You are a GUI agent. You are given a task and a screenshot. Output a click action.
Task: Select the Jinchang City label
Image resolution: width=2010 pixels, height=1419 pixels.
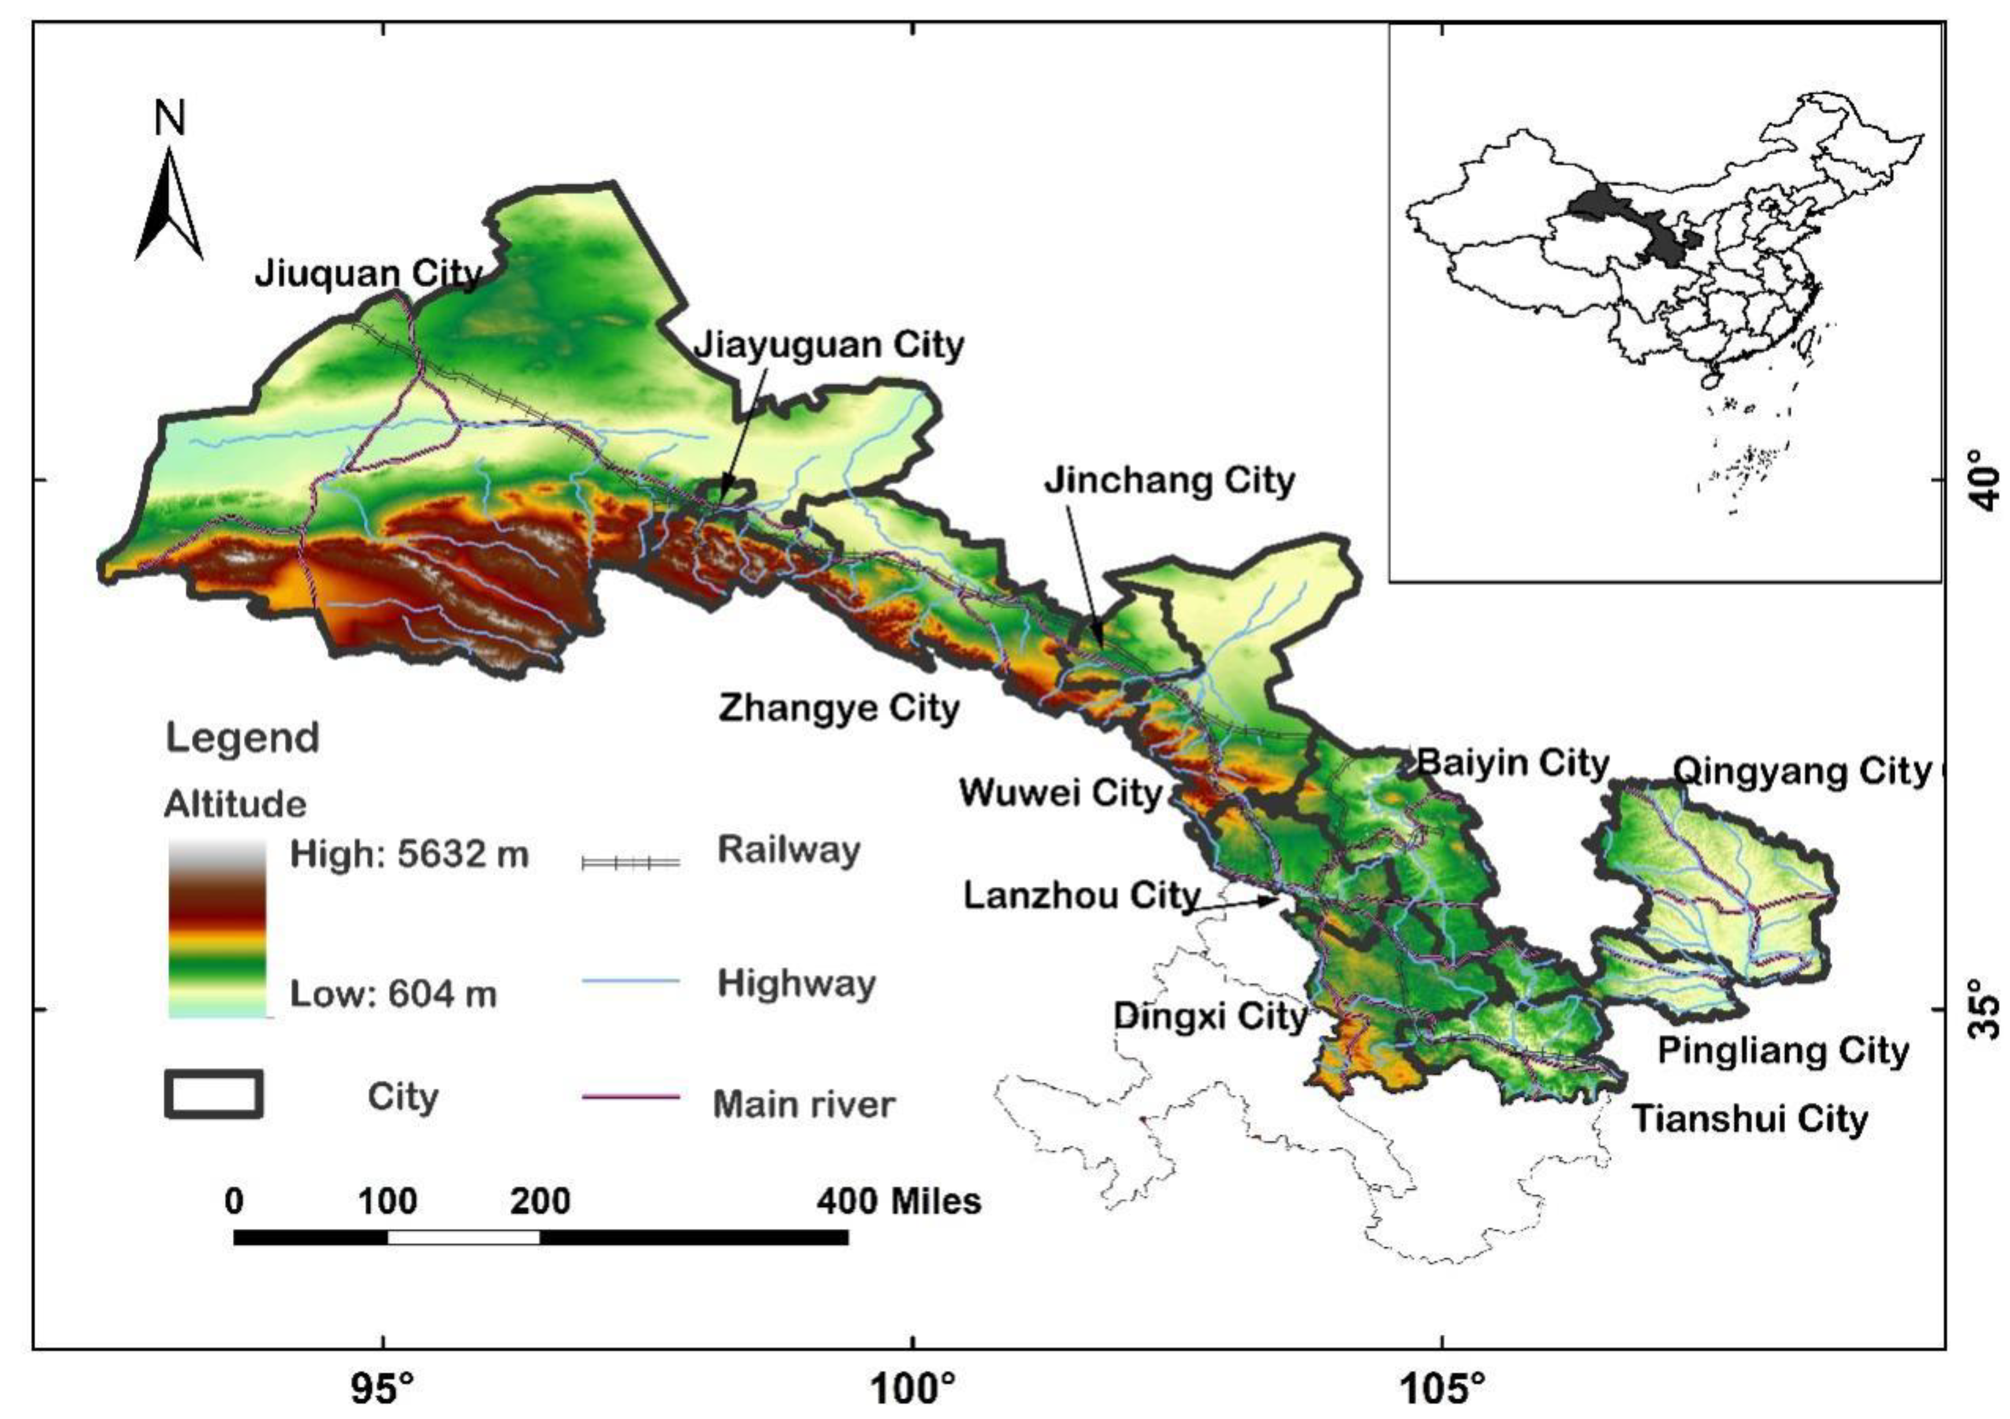(x=1169, y=481)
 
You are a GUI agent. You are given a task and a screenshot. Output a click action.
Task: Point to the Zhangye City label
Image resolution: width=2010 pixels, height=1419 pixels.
(x=839, y=707)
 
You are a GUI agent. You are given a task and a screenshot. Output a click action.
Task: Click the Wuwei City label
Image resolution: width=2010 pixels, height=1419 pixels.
(x=1060, y=792)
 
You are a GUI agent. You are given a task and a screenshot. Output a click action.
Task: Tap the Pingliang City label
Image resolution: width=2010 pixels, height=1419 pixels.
(x=1783, y=1050)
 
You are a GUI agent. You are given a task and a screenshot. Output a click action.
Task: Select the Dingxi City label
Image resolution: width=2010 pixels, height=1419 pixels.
(x=1210, y=1016)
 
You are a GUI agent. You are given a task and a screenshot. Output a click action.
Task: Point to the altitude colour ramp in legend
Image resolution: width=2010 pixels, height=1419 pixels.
(x=216, y=928)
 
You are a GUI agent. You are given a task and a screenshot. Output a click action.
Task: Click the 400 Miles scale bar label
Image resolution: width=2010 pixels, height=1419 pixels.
(x=899, y=1201)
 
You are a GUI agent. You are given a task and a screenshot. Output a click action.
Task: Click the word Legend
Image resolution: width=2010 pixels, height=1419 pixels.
(x=243, y=737)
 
